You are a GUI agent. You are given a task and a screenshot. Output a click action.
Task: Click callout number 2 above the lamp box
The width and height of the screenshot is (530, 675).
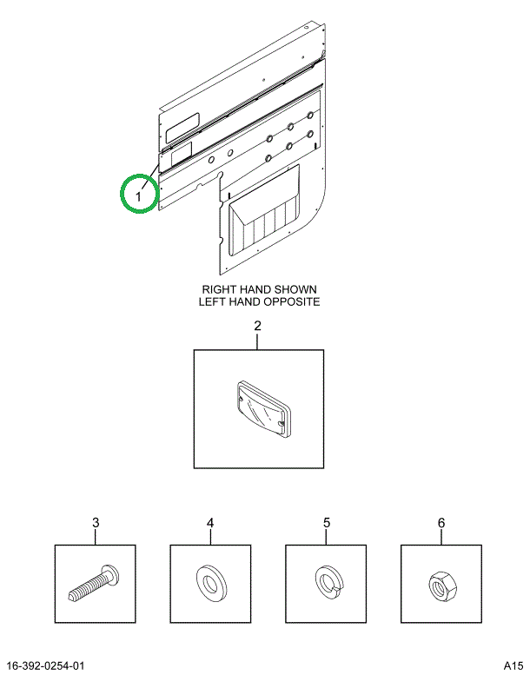257,327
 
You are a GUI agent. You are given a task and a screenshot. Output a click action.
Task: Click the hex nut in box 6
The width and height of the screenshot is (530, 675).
441,584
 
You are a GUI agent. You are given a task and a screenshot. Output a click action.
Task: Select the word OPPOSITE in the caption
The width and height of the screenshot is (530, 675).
289,302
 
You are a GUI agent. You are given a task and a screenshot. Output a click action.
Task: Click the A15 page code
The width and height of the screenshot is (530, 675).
511,666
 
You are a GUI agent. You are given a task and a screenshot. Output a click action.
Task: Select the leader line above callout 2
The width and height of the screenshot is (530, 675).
257,341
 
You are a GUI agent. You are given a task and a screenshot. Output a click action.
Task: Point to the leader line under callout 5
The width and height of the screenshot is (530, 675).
327,537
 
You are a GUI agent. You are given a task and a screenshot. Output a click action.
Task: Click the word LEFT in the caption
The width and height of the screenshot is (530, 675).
215,302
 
